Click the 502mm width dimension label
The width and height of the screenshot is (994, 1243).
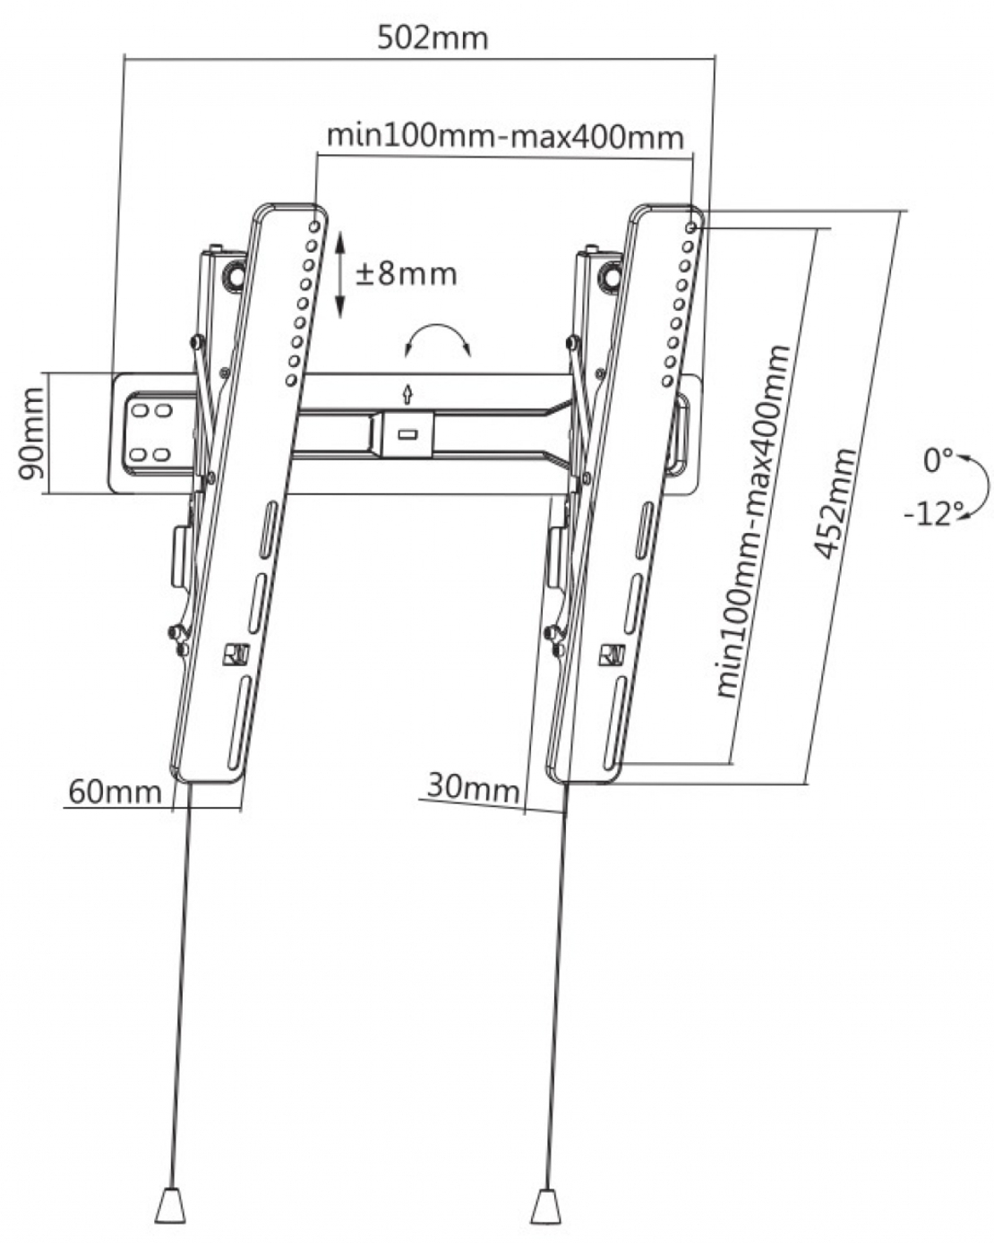pos(433,39)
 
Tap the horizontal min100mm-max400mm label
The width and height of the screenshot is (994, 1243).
pos(505,138)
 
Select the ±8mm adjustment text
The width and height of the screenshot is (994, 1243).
pos(407,274)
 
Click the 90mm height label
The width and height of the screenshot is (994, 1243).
pos(30,433)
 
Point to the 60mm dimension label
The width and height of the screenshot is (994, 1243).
pos(115,792)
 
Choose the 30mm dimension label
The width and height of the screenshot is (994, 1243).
pos(474,786)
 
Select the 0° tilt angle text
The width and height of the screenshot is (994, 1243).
pos(938,460)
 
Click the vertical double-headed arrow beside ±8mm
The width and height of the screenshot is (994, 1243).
pos(340,274)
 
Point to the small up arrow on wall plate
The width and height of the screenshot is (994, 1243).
pos(407,394)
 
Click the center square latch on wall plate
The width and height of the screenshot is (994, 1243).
pos(407,433)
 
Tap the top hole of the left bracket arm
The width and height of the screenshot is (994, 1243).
pos(315,226)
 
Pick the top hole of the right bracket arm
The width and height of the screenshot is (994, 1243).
pos(690,227)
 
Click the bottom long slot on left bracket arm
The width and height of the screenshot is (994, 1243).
pos(238,724)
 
